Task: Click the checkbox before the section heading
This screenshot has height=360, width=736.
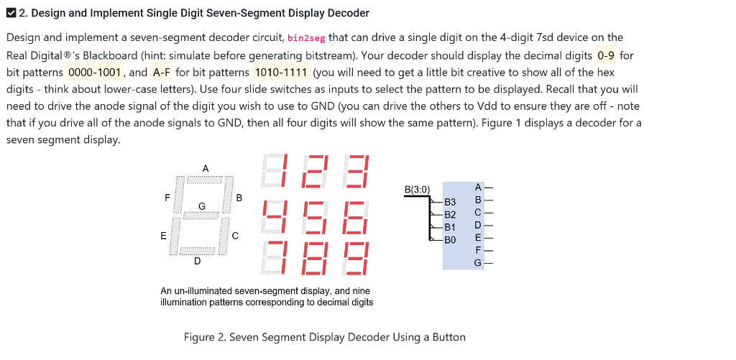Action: [x=11, y=13]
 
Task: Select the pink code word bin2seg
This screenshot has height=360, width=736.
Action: [x=306, y=37]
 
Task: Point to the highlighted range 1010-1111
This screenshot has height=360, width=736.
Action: [x=281, y=72]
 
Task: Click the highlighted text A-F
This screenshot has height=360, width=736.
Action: [x=162, y=72]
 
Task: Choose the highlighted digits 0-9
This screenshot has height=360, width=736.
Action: [x=606, y=55]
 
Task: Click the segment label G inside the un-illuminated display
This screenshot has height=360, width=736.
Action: [x=202, y=206]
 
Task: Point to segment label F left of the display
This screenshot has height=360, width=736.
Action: [x=167, y=196]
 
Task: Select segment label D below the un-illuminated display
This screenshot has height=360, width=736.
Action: [x=197, y=262]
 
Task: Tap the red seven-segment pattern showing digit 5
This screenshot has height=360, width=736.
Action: [x=315, y=217]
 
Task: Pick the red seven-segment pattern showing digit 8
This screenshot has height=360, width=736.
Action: [x=315, y=257]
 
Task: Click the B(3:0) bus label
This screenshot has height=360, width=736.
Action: [x=417, y=190]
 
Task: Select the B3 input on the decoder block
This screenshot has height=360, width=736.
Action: [x=450, y=203]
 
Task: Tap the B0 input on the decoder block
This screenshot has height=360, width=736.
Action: [x=450, y=239]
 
